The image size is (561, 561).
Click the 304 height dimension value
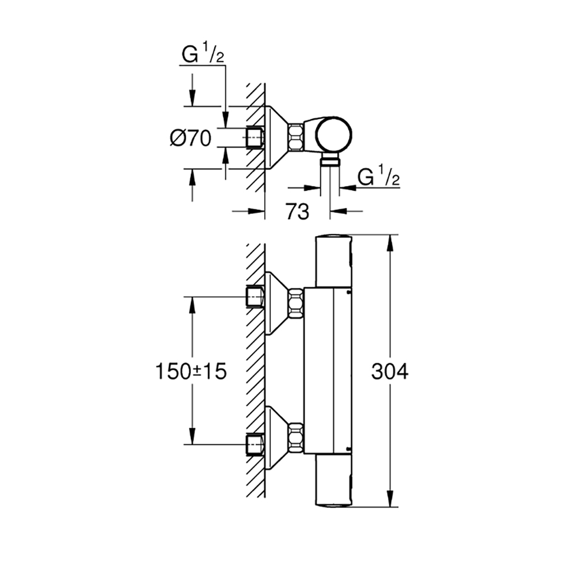click(390, 371)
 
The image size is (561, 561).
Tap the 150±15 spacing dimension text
click(191, 371)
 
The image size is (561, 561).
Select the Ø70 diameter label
click(190, 138)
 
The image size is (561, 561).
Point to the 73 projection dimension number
click(297, 211)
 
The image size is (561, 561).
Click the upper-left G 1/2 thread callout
click(203, 53)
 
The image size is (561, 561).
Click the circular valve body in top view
click(333, 134)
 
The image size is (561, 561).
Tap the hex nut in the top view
click(296, 137)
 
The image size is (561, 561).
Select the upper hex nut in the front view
click(296, 303)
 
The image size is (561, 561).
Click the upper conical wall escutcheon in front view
click(277, 303)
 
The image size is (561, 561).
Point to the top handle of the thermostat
click(333, 261)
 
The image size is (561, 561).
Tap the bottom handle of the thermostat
click(333, 481)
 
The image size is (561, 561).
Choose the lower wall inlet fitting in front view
click(255, 445)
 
